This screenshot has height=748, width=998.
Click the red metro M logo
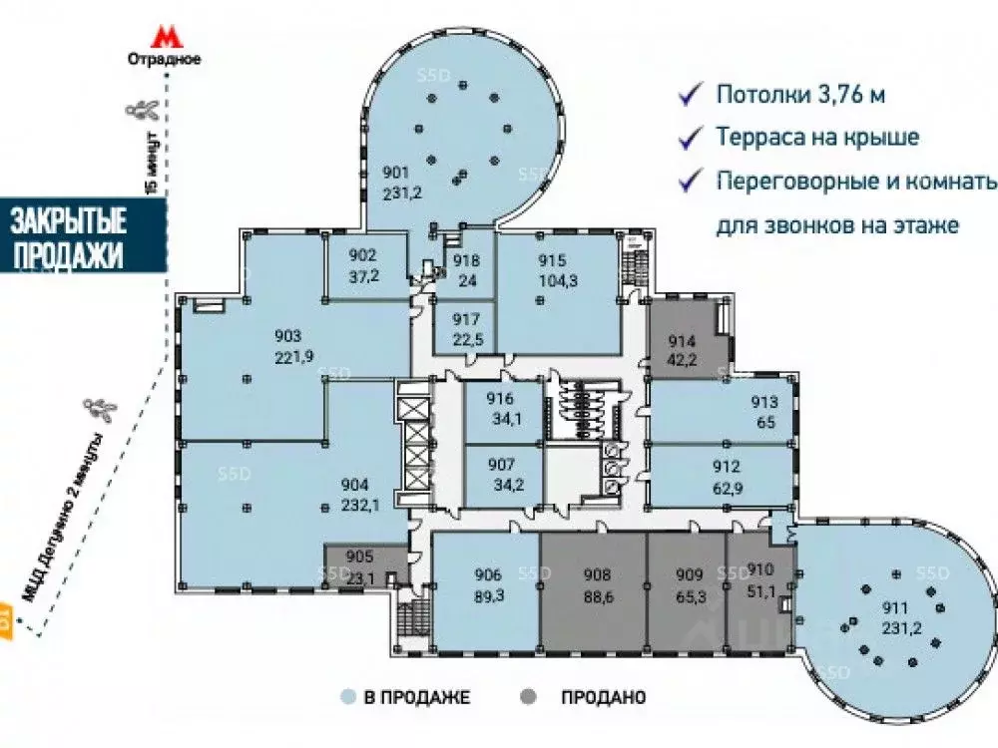click(164, 37)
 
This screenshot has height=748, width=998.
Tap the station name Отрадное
click(164, 59)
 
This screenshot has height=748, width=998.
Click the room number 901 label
click(396, 171)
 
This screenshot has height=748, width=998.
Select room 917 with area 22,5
click(467, 328)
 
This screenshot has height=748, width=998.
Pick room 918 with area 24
click(467, 270)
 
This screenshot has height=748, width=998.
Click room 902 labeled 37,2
click(365, 262)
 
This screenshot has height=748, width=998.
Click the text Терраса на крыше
click(816, 138)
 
